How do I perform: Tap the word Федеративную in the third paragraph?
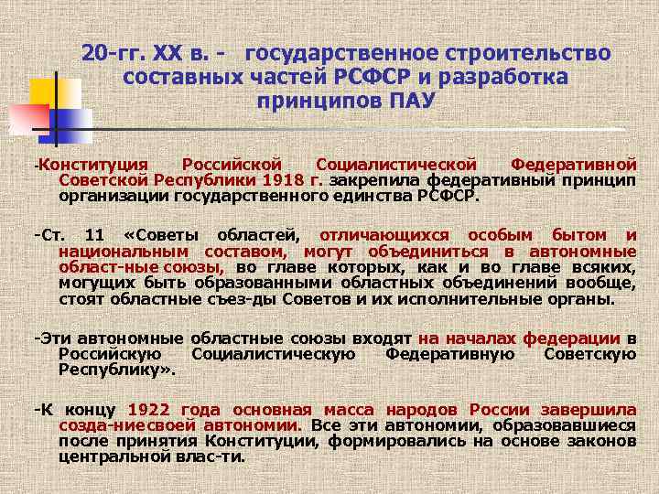coord(441,353)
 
